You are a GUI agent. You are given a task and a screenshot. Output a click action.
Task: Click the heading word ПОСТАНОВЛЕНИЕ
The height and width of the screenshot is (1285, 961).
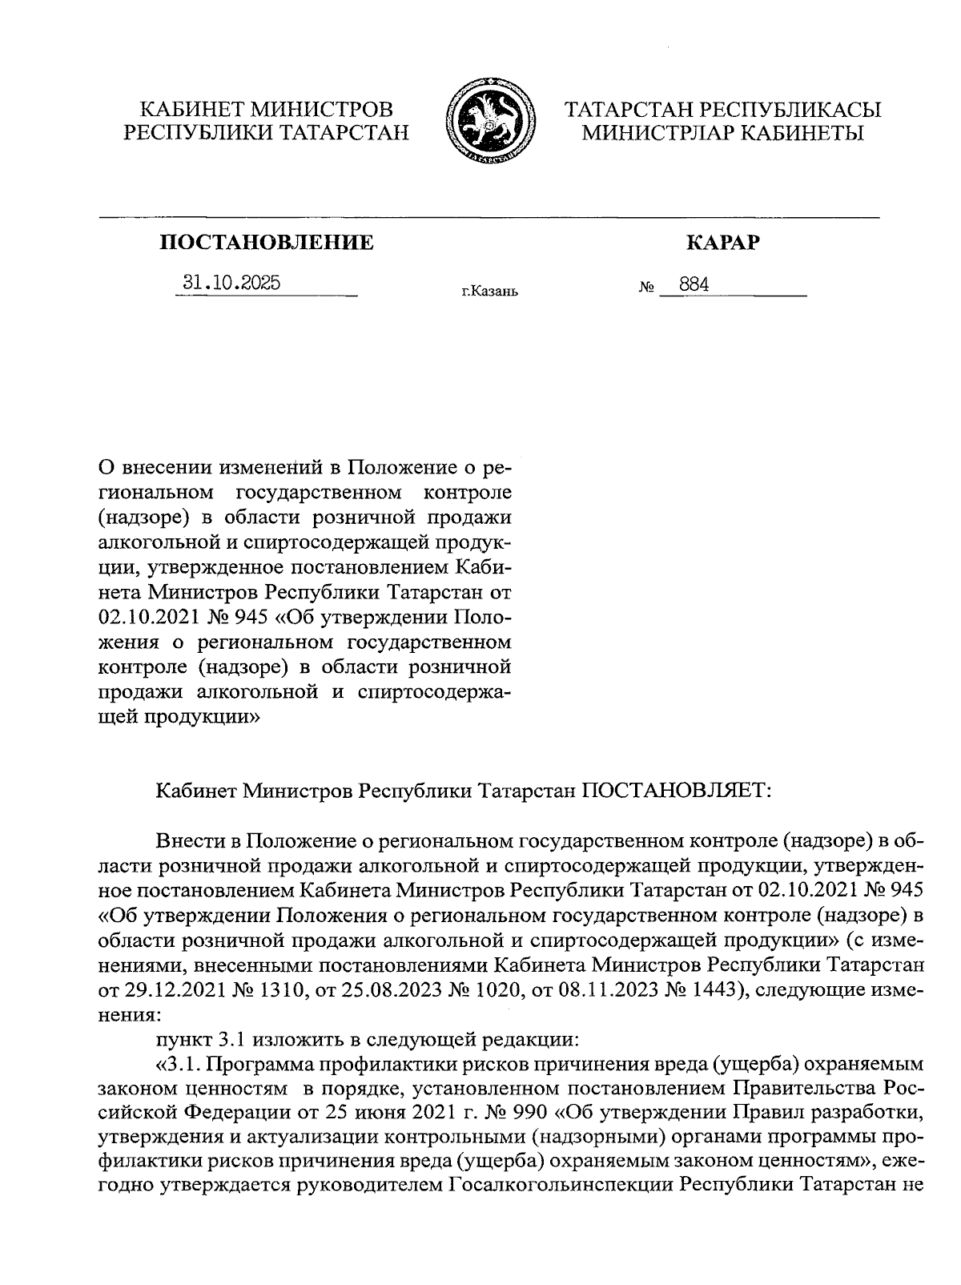[x=267, y=242]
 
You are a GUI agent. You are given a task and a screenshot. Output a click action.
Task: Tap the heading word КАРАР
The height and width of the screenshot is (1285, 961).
[x=722, y=242]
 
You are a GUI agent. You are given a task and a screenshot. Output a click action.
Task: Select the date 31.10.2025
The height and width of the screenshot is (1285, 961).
[x=231, y=282]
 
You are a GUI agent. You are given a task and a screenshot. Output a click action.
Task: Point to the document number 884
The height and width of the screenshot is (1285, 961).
[x=694, y=284]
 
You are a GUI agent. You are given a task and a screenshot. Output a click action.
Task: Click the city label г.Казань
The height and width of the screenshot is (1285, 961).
[x=489, y=292]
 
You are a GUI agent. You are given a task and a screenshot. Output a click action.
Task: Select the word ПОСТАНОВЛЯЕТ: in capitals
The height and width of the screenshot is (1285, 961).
[x=676, y=790]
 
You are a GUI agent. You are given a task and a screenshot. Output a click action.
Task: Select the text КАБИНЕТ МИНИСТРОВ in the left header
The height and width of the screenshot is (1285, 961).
[x=267, y=109]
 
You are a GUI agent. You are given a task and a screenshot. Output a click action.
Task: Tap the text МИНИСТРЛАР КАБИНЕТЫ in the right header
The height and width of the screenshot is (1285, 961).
[x=722, y=133]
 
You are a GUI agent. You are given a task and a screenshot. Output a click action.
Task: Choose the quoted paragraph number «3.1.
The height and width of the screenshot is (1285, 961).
[x=178, y=1064]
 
